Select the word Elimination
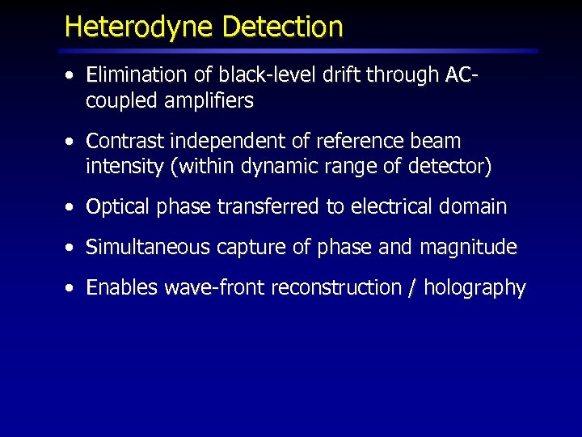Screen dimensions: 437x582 pyautogui.click(x=138, y=75)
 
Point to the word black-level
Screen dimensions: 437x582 pyautogui.click(x=251, y=75)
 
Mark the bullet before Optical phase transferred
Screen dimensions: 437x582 pyautogui.click(x=72, y=208)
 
